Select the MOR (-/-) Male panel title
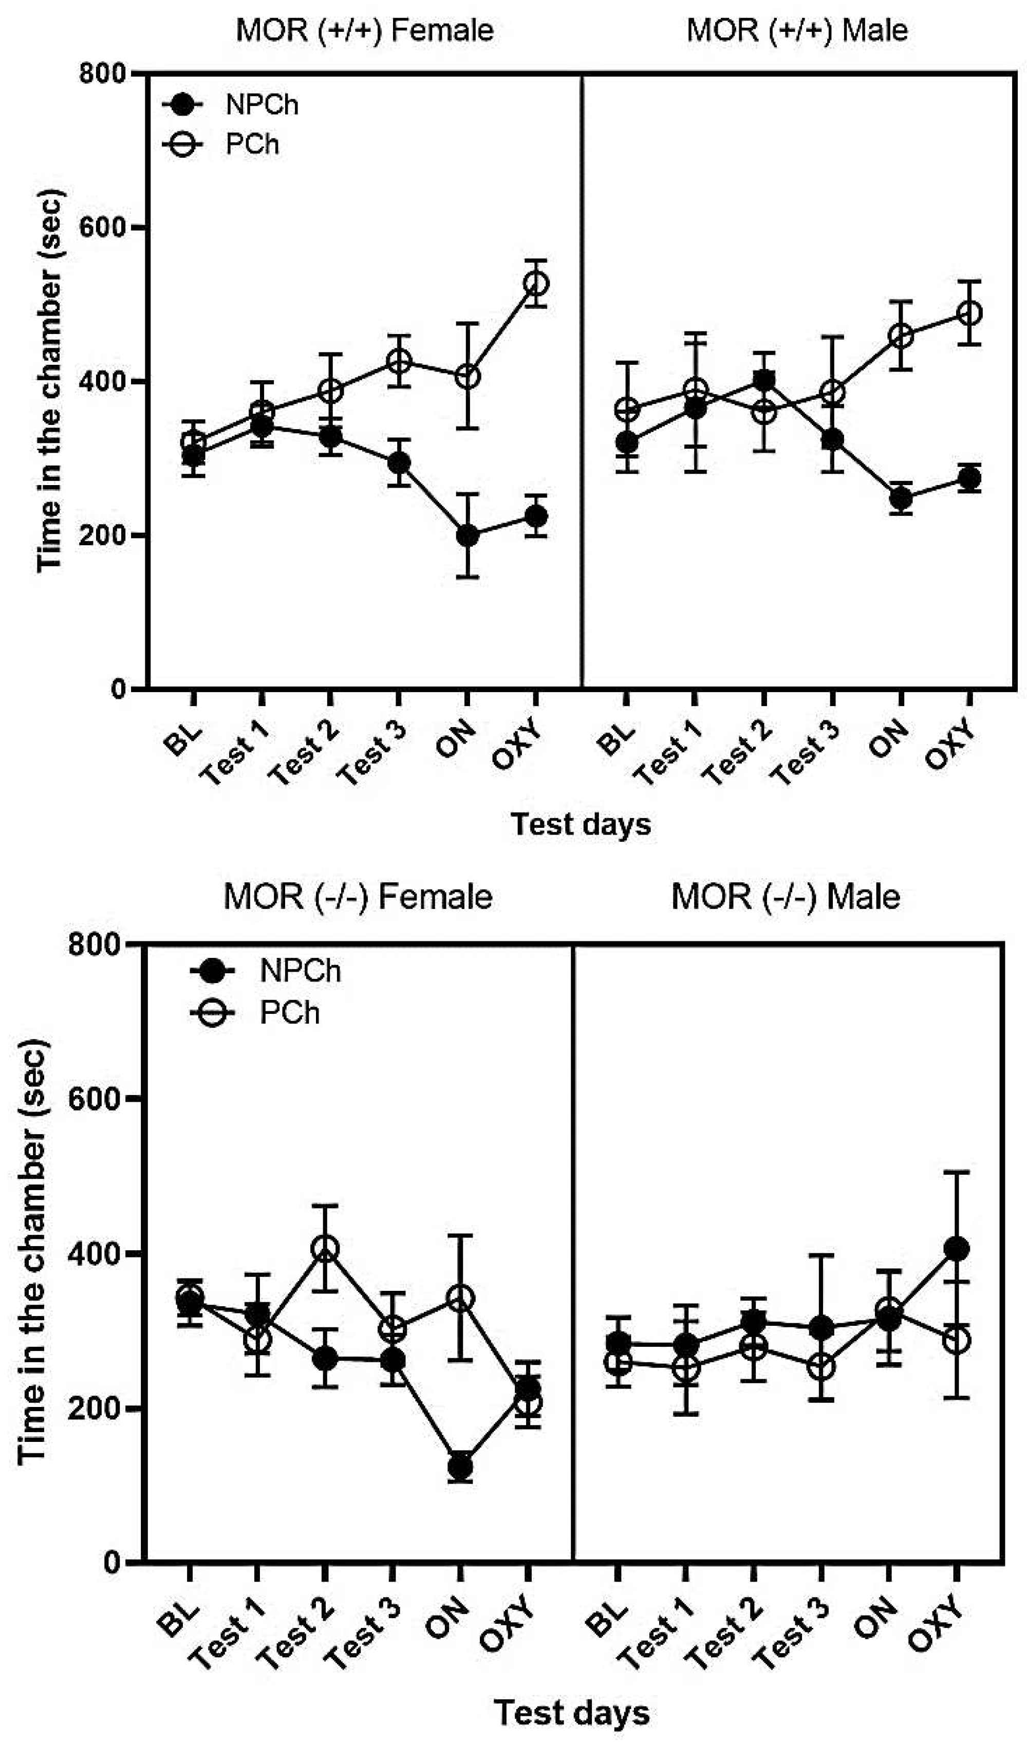tap(786, 898)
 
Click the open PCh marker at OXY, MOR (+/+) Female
tap(536, 284)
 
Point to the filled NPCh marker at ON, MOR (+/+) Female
tap(468, 535)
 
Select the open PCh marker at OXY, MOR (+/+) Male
tap(969, 313)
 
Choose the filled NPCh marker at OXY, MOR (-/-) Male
tap(957, 1249)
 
